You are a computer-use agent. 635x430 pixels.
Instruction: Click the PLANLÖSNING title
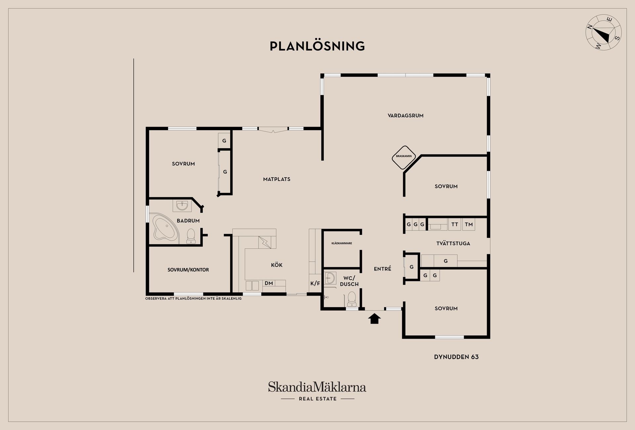(x=317, y=46)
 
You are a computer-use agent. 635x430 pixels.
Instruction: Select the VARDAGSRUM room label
(x=405, y=116)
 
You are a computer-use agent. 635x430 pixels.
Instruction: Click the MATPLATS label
(x=277, y=179)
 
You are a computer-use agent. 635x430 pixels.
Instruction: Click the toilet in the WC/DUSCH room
(x=351, y=299)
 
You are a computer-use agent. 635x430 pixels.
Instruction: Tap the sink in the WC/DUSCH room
(x=330, y=278)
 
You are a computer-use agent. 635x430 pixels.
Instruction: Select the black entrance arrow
(x=374, y=318)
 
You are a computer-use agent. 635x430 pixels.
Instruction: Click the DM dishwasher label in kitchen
(x=269, y=283)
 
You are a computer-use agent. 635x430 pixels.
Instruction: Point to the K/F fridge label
(x=315, y=283)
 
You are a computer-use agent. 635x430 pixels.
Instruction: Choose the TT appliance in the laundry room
(x=455, y=224)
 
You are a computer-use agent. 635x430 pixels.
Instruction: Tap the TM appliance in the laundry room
(x=469, y=224)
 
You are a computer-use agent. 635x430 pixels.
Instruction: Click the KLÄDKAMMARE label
(x=342, y=243)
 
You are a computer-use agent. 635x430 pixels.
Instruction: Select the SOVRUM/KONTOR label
(x=188, y=270)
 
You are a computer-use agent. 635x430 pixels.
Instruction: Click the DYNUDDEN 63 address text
(x=456, y=357)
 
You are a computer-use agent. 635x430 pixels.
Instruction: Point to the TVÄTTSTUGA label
(x=453, y=243)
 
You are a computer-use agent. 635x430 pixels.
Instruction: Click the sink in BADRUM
(x=182, y=206)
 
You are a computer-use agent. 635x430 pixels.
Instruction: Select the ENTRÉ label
(x=383, y=269)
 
